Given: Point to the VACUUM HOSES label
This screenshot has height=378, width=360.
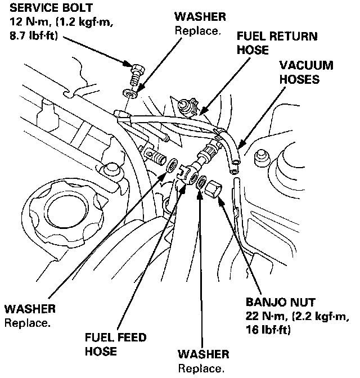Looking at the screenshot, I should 306,72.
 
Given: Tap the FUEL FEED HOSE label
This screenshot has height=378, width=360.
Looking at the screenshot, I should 116,344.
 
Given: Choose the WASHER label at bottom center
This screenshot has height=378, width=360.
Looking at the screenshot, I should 204,354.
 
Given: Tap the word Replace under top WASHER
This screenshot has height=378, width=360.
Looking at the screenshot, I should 197,30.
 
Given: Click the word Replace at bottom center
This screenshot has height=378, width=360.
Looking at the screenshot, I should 201,368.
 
